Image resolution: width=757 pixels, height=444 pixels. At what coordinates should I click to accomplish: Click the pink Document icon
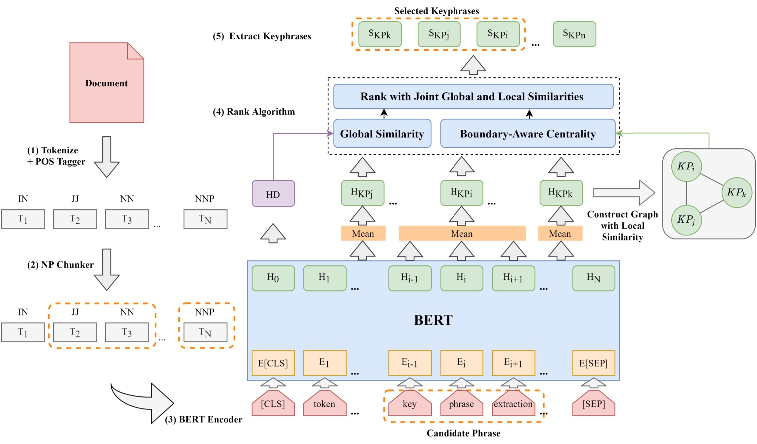106,83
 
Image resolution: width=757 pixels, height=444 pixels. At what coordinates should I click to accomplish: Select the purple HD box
273,194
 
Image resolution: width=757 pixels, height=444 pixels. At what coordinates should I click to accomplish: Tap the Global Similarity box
382,134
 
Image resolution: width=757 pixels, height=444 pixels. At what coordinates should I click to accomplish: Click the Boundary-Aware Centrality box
527,134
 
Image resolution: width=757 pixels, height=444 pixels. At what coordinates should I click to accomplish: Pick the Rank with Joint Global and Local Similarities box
473,97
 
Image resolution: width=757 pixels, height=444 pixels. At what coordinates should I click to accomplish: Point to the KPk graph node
736,192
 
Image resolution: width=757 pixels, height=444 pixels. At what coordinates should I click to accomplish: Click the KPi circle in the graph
686,166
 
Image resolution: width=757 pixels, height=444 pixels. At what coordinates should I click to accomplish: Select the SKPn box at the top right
574,34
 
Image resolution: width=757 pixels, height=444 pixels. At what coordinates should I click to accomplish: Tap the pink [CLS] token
273,404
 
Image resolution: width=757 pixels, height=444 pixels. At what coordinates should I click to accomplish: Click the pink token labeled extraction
513,404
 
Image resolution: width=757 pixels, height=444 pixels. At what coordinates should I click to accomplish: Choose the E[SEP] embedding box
593,363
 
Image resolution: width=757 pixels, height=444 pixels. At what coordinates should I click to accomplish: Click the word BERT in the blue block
433,320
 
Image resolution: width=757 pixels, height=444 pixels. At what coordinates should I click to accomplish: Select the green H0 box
273,278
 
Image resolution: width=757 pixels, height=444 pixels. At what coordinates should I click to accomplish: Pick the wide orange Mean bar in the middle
461,233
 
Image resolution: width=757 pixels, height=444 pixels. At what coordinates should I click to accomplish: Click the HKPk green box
561,193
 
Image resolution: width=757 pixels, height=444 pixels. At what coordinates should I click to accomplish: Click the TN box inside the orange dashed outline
205,332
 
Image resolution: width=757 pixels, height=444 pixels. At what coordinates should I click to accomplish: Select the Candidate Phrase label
463,433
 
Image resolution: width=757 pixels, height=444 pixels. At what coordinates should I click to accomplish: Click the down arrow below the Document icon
107,156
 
